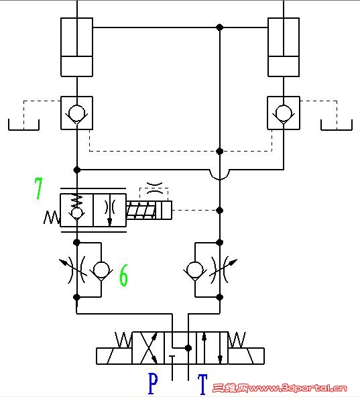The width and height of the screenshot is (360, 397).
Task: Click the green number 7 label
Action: pyautogui.click(x=38, y=188)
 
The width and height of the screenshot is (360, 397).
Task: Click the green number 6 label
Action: pyautogui.click(x=123, y=275)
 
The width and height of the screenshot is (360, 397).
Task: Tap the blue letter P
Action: pyautogui.click(x=153, y=384)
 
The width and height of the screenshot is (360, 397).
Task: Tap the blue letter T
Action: pyautogui.click(x=202, y=384)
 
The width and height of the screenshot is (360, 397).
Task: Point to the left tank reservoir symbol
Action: pyautogui.click(x=23, y=129)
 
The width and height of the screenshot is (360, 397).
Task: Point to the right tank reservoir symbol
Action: pyautogui.click(x=337, y=129)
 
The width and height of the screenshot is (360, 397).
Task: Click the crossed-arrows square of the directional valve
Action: pyautogui.click(x=148, y=348)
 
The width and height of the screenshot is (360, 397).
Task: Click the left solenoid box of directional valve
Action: pyautogui.click(x=114, y=356)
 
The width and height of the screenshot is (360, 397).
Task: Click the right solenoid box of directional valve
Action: pyautogui.click(x=246, y=356)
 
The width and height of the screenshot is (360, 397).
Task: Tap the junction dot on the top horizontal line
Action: pyautogui.click(x=219, y=27)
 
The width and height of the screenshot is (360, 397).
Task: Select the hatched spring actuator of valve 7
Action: pyautogui.click(x=141, y=210)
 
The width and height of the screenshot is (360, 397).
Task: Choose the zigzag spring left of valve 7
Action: pyautogui.click(x=52, y=218)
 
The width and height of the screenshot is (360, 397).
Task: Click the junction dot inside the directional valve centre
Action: pyautogui.click(x=188, y=348)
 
